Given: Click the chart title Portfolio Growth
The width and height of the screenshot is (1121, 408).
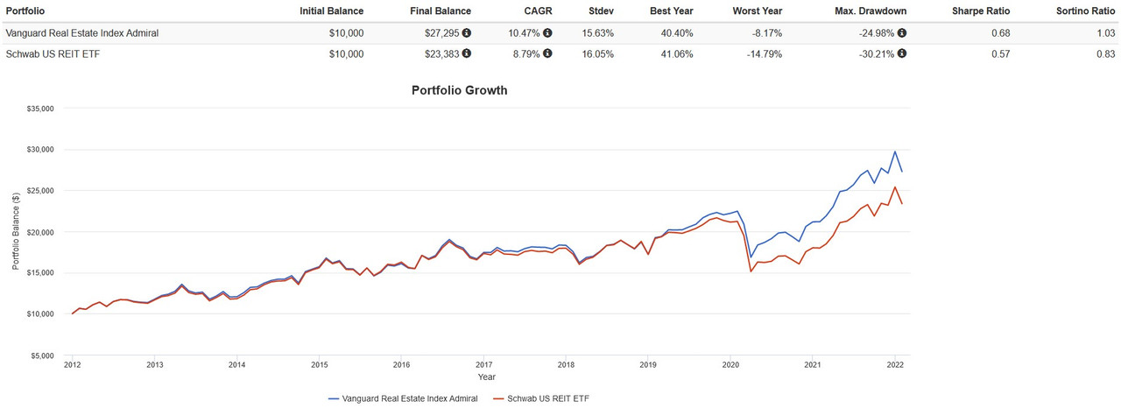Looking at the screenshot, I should click(x=459, y=90).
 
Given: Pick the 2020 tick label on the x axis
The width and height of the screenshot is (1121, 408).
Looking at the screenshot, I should click(x=730, y=365).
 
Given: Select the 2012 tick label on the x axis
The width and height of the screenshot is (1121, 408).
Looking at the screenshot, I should click(x=73, y=365).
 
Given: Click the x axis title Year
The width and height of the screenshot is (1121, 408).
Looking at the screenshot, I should click(x=486, y=377).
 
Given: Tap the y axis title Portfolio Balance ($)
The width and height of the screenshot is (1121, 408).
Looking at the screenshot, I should click(x=16, y=232).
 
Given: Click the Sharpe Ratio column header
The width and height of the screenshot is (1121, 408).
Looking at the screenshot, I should click(x=981, y=11).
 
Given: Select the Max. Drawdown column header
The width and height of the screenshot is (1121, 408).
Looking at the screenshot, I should click(x=872, y=11).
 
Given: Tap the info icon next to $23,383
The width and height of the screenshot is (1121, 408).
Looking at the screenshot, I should click(x=466, y=53).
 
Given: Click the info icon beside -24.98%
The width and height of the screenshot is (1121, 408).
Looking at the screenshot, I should click(x=902, y=33).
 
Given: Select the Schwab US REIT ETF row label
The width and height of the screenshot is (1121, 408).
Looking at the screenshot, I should click(x=50, y=53).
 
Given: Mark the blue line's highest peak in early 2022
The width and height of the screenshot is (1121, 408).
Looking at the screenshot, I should click(x=894, y=152).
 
